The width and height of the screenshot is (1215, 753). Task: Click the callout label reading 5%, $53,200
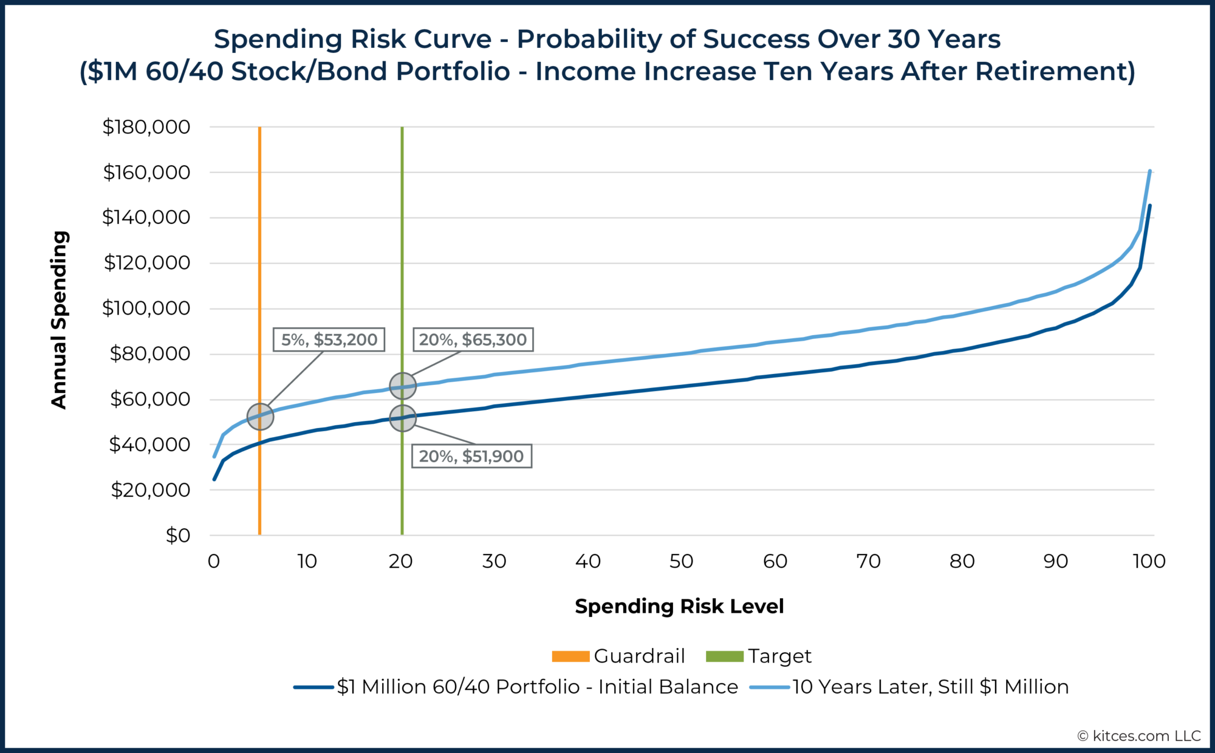tap(329, 339)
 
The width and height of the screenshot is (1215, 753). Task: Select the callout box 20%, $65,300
tap(473, 339)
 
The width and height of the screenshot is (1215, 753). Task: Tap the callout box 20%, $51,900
tap(471, 456)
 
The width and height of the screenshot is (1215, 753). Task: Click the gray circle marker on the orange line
tap(261, 417)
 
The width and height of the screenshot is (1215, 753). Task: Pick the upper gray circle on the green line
tap(402, 386)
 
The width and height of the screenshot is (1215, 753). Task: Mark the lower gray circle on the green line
tap(402, 418)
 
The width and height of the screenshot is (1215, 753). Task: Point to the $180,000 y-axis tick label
tap(146, 127)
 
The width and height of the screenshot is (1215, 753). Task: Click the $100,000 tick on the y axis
tap(146, 308)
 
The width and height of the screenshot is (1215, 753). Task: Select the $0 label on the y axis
tap(177, 536)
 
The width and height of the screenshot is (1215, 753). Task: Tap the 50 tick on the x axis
tap(681, 561)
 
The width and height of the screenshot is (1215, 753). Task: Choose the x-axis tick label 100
tap(1149, 561)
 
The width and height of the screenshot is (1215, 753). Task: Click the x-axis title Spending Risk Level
tap(679, 606)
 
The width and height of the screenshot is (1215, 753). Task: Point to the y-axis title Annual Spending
tap(59, 319)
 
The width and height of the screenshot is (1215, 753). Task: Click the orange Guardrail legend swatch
tap(570, 656)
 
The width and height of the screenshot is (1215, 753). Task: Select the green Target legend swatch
tap(724, 656)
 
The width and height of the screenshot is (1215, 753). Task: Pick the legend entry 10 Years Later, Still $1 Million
tap(929, 687)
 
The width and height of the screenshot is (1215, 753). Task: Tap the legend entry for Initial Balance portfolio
tap(537, 687)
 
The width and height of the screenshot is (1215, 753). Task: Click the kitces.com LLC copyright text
tap(1139, 736)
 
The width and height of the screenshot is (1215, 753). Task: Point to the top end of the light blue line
tap(1150, 172)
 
